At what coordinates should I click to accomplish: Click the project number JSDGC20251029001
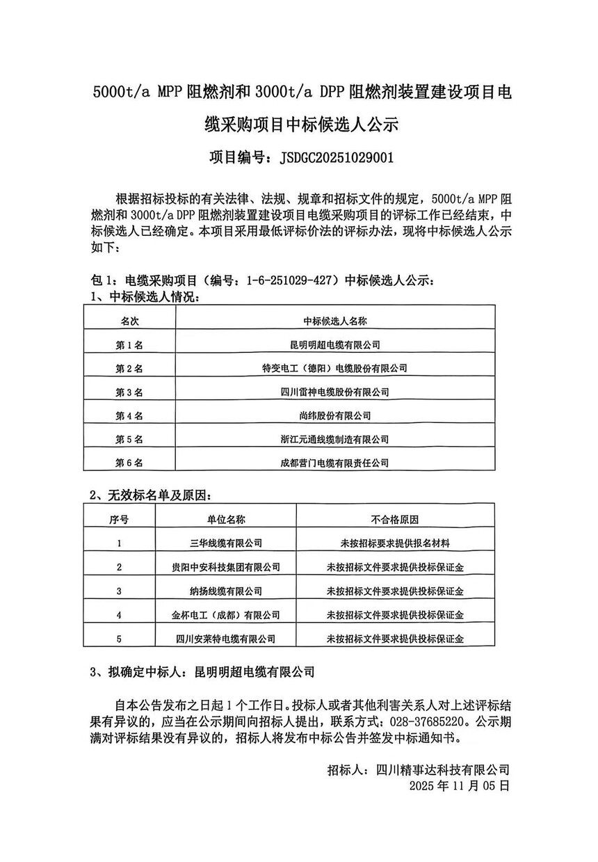(x=336, y=157)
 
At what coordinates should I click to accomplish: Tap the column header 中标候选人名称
(x=334, y=321)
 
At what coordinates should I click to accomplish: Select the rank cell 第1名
(x=129, y=344)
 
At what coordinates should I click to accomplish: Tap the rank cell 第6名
(x=129, y=463)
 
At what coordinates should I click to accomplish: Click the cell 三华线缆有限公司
(x=226, y=543)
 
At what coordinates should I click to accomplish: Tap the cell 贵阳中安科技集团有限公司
(x=226, y=567)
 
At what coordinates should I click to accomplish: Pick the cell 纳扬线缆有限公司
(x=226, y=591)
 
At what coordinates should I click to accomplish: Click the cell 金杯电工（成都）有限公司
(x=226, y=615)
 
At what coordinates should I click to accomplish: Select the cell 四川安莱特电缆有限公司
(x=226, y=638)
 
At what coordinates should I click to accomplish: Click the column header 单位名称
(x=226, y=520)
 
